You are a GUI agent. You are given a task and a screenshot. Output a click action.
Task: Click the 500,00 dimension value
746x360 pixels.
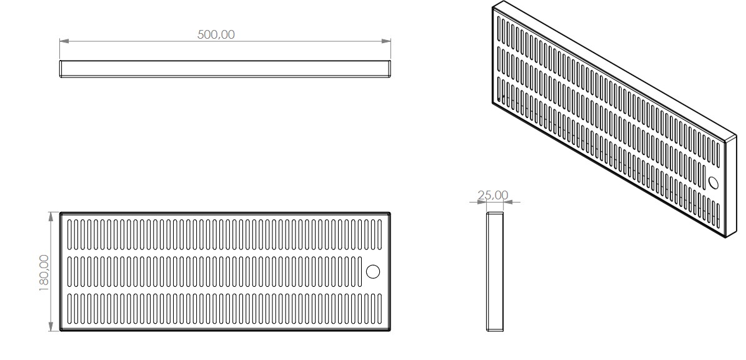click(216, 35)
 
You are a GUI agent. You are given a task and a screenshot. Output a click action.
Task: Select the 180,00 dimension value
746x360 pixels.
click(44, 272)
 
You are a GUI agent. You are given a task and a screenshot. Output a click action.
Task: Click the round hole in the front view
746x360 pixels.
click(372, 271)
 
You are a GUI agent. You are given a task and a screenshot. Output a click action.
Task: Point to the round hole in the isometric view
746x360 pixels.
click(714, 182)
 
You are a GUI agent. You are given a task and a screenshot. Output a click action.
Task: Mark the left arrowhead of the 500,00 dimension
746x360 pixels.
click(63, 42)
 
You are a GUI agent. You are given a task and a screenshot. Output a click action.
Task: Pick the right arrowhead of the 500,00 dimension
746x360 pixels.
click(387, 42)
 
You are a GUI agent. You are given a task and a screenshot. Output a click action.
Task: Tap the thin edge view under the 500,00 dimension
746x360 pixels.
click(225, 69)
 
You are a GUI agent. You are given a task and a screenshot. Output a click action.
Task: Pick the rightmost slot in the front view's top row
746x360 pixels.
click(381, 235)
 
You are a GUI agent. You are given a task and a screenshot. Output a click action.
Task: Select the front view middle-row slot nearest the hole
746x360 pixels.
click(360, 271)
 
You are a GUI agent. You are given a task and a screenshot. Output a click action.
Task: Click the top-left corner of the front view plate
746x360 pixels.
click(61, 213)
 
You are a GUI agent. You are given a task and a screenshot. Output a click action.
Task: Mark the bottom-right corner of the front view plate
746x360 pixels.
click(390, 330)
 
